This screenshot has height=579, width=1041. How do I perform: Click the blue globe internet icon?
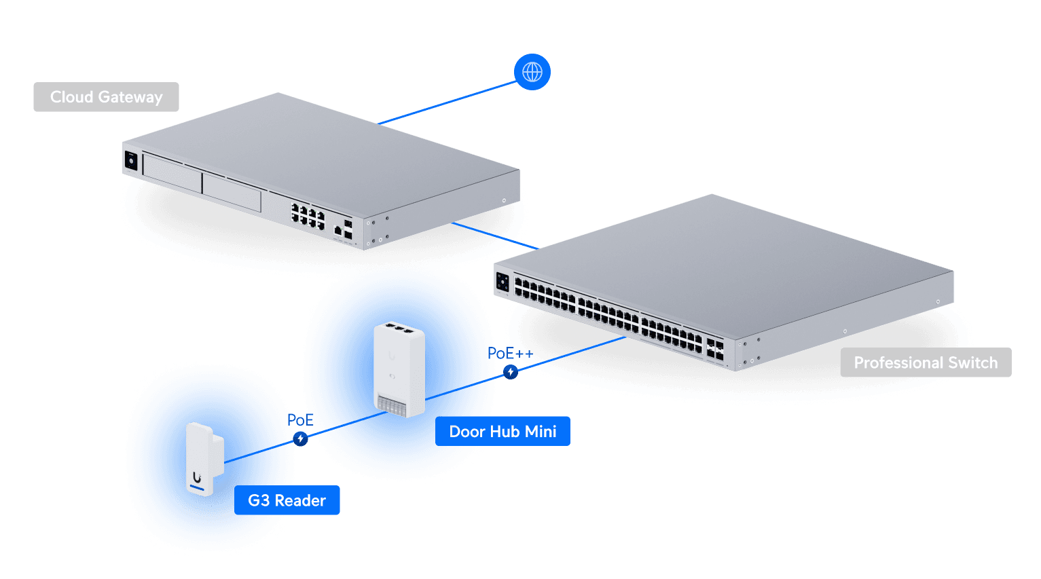pyautogui.click(x=532, y=72)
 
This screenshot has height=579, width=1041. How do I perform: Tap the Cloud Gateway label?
pyautogui.click(x=106, y=96)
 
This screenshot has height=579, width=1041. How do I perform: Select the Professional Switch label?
pyautogui.click(x=926, y=362)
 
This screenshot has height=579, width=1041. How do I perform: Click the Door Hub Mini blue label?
pyautogui.click(x=503, y=431)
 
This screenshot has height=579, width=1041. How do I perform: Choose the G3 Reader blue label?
pyautogui.click(x=287, y=500)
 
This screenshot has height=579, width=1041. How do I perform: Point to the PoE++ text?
pyautogui.click(x=510, y=354)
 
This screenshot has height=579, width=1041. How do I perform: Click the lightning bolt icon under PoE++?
pyautogui.click(x=511, y=372)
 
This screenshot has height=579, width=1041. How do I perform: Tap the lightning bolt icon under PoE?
pyautogui.click(x=300, y=438)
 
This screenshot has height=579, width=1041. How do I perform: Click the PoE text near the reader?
pyautogui.click(x=300, y=420)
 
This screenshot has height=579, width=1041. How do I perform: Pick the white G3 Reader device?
pyautogui.click(x=204, y=459)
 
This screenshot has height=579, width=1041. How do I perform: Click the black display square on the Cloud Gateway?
pyautogui.click(x=131, y=161)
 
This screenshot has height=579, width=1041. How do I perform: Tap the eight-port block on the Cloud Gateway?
pyautogui.click(x=308, y=216)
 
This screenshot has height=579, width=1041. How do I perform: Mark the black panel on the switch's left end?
pyautogui.click(x=503, y=283)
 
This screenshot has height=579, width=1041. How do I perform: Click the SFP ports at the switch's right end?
pyautogui.click(x=715, y=350)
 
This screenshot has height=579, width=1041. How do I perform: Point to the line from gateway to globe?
pyautogui.click(x=447, y=102)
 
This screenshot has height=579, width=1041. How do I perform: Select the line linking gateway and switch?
pyautogui.click(x=496, y=236)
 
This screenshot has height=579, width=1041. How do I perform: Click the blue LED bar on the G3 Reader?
pyautogui.click(x=196, y=488)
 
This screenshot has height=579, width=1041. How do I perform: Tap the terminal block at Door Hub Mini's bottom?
pyautogui.click(x=391, y=406)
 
